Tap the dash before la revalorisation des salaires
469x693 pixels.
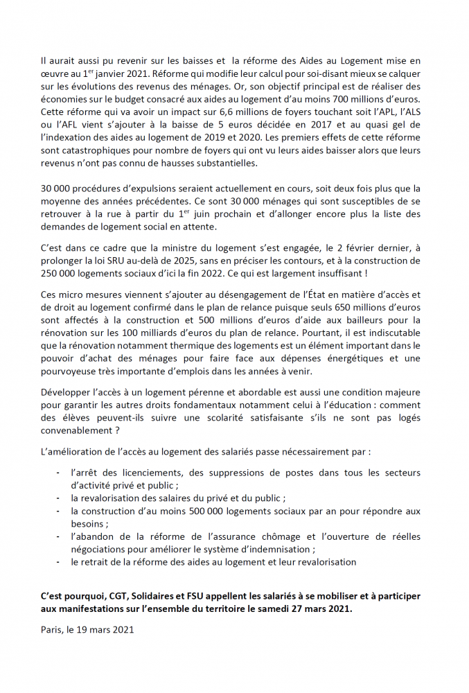tap(57, 498)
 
